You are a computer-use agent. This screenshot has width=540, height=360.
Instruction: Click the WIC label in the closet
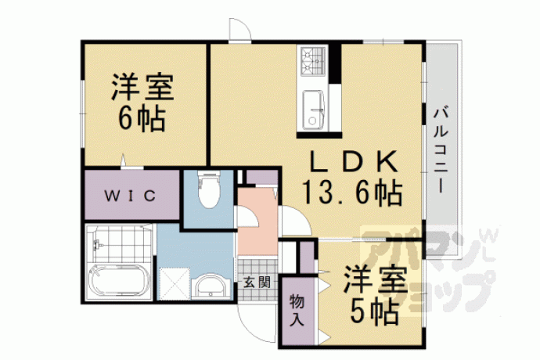[130, 196]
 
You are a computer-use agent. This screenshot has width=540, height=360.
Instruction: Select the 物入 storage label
[297, 311]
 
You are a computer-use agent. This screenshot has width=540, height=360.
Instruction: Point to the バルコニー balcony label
[441, 150]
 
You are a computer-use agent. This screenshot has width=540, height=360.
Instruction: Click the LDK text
[355, 161]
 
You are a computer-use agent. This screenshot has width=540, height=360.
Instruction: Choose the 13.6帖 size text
[352, 193]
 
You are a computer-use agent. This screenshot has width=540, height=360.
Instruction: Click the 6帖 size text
[141, 119]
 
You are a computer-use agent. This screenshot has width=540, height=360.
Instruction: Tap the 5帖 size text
[375, 311]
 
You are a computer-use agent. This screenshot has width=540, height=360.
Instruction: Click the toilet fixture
[209, 189]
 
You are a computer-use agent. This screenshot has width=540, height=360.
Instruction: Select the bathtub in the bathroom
[118, 280]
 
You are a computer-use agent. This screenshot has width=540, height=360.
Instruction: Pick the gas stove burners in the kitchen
[313, 61]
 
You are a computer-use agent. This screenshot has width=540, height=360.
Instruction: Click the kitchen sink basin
[313, 110]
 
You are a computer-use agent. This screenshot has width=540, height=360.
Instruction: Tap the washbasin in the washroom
[211, 286]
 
